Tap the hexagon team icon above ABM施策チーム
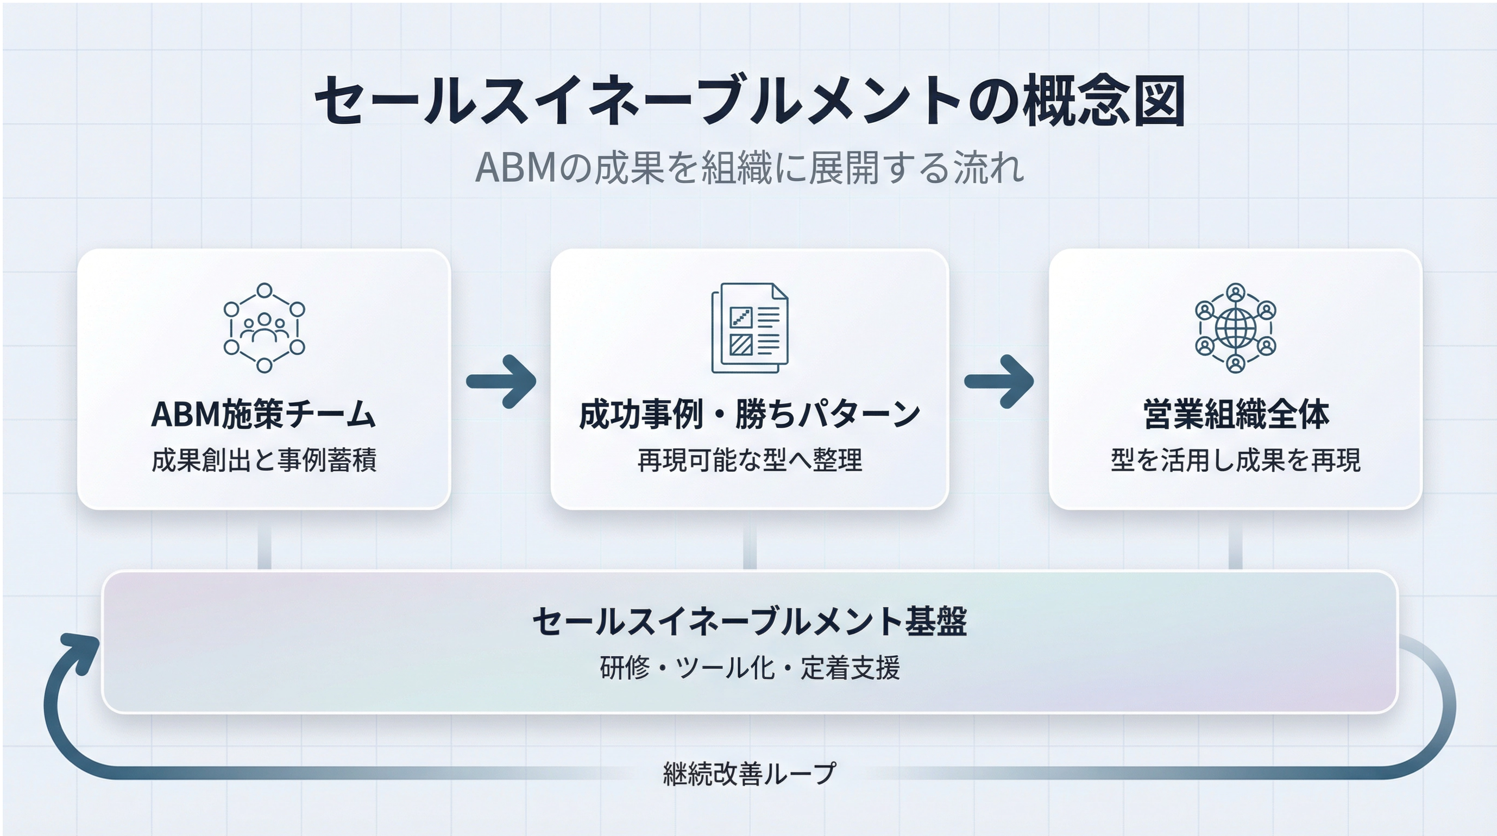click(265, 328)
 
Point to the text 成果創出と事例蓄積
click(264, 460)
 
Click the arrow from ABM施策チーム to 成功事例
click(501, 381)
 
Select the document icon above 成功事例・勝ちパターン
click(750, 328)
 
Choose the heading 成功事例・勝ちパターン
click(750, 414)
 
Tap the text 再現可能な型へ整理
click(750, 460)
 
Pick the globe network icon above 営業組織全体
click(1236, 328)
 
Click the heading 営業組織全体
click(1236, 414)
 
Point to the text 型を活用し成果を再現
click(1236, 460)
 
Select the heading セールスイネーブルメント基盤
click(750, 621)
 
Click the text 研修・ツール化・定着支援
click(750, 668)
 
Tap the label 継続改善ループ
click(750, 773)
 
